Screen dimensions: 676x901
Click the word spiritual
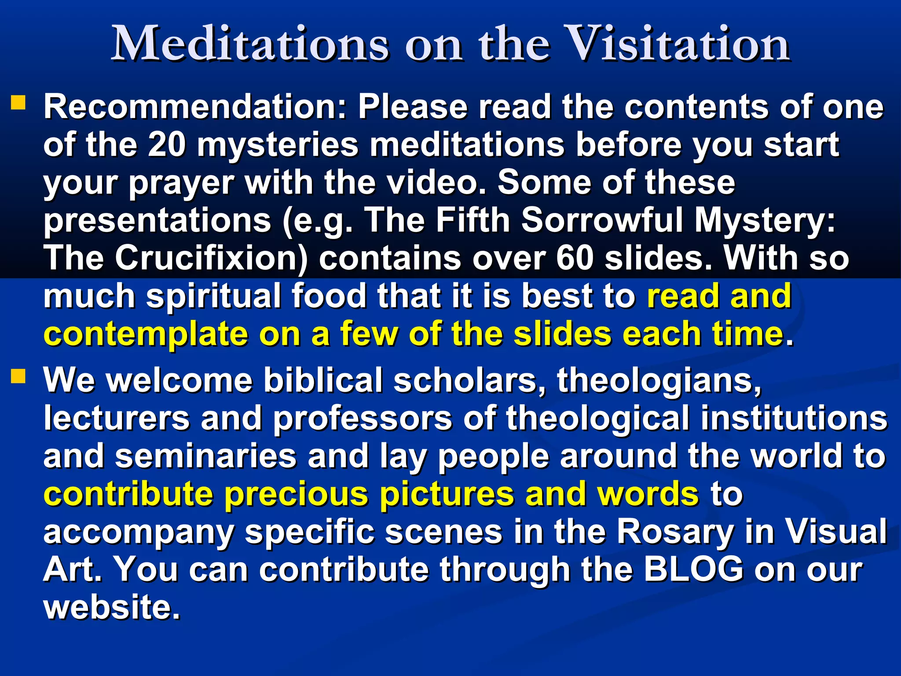coord(213,297)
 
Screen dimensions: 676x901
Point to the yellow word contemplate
coord(146,334)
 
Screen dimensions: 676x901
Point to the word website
coord(112,608)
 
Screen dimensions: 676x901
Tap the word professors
coord(363,418)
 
